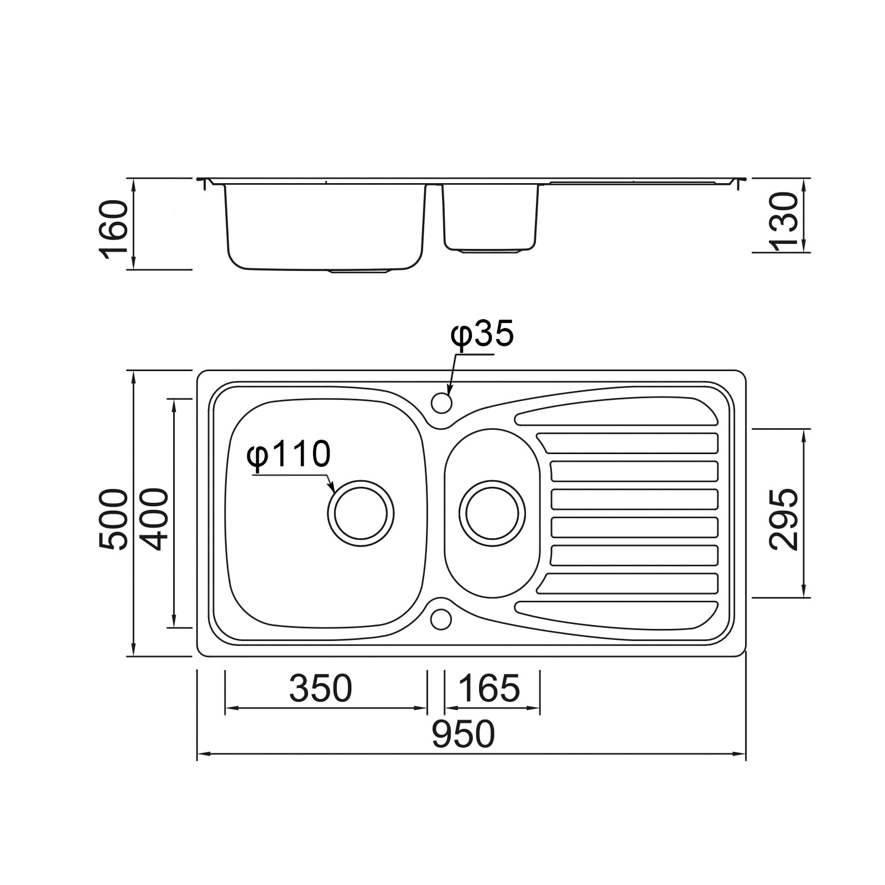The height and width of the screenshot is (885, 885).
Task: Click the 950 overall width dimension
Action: click(x=463, y=734)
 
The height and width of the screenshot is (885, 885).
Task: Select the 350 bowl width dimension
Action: click(x=320, y=688)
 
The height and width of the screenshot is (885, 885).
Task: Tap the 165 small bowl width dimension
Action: click(x=489, y=688)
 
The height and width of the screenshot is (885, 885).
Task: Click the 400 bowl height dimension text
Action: click(x=153, y=519)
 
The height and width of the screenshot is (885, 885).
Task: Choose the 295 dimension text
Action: click(x=784, y=519)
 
